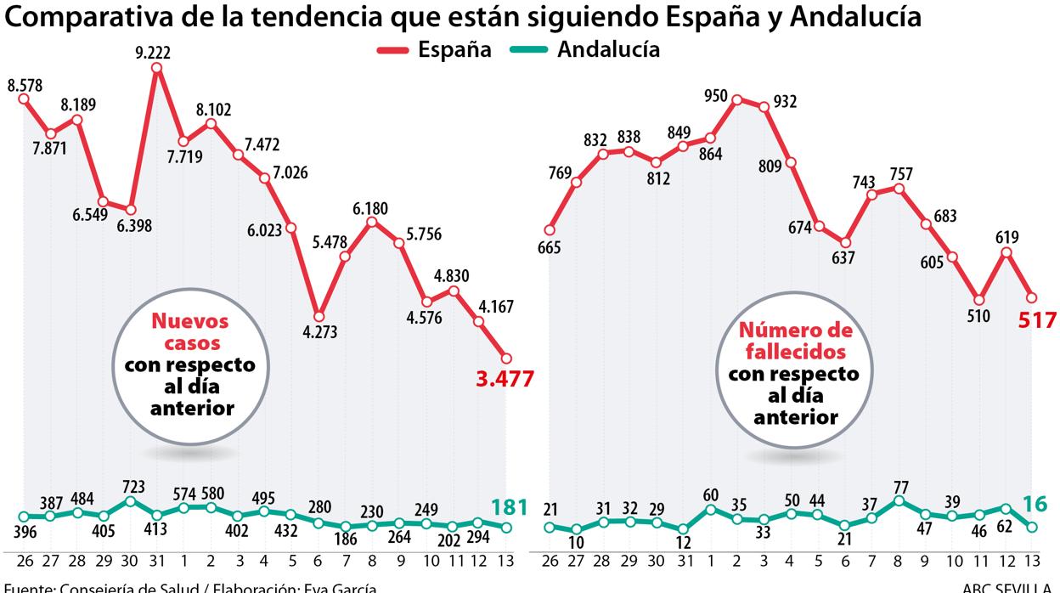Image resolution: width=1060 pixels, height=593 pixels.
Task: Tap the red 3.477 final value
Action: tap(505, 379)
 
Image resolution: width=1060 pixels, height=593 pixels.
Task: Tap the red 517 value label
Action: tap(1036, 320)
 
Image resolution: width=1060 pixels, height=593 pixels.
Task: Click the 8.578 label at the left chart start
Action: tap(25, 86)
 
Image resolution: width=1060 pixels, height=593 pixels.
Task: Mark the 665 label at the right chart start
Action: tap(550, 247)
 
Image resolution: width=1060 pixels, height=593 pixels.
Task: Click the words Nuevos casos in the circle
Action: tap(190, 332)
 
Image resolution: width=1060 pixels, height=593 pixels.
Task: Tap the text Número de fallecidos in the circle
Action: tap(796, 340)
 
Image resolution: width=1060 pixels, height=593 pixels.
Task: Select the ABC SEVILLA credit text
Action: tap(1010, 587)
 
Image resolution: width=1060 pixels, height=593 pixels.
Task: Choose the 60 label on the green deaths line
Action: tap(711, 495)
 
